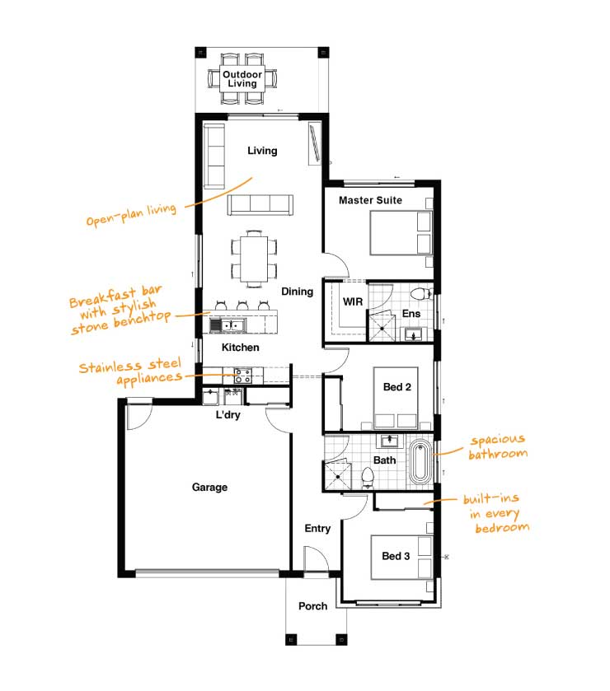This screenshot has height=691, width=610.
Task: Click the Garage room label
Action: (x=209, y=487)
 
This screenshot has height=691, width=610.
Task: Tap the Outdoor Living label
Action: (x=242, y=79)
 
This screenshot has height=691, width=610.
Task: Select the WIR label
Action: (x=353, y=302)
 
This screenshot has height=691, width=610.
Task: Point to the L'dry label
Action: (x=228, y=415)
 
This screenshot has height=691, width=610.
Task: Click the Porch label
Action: (x=312, y=606)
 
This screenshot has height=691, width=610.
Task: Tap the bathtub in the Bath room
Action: (x=420, y=462)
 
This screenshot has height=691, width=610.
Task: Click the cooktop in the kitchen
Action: (x=242, y=376)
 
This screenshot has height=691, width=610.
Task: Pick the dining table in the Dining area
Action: (x=254, y=259)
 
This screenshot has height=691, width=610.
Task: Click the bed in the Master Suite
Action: (x=401, y=233)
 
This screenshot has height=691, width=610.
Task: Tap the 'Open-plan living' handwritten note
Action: (x=131, y=215)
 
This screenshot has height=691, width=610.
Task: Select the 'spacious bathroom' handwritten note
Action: (x=498, y=447)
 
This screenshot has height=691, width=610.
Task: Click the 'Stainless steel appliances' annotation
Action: (x=130, y=371)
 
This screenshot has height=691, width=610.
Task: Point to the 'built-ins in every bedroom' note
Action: (x=496, y=513)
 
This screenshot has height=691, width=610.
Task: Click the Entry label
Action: (x=317, y=529)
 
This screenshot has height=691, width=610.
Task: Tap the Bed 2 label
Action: (x=397, y=387)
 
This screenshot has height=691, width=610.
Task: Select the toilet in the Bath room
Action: (x=368, y=477)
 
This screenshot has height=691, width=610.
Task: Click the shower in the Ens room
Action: (x=382, y=326)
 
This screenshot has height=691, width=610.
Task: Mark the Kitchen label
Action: (x=241, y=348)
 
